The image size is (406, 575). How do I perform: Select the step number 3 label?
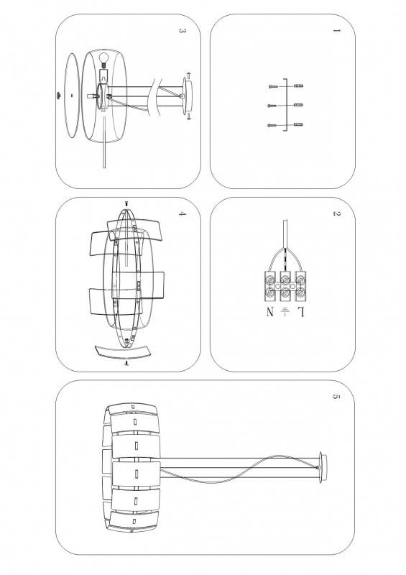[182, 32]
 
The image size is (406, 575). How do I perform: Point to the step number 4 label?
[182, 213]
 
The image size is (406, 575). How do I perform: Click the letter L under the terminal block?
[302, 312]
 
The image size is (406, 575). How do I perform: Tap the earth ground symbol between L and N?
[286, 312]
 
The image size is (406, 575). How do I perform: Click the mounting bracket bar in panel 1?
[287, 106]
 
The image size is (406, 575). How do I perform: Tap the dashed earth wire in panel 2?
[286, 259]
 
